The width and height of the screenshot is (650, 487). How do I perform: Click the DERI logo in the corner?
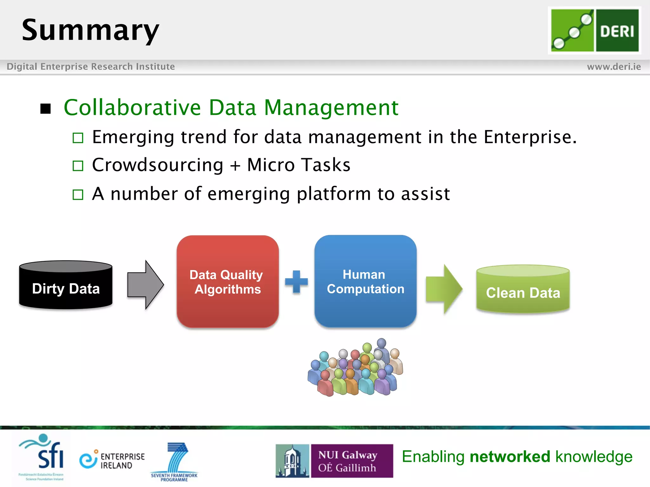[x=594, y=30]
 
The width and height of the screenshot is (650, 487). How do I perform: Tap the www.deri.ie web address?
[x=614, y=67]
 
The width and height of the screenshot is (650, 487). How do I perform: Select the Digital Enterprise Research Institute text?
[x=91, y=67]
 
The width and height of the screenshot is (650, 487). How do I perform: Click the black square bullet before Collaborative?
[x=46, y=109]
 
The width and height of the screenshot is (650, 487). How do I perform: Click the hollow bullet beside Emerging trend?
[x=78, y=138]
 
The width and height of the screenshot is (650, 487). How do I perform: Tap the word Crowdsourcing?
[x=158, y=165]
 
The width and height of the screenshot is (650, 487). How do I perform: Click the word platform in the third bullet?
[x=333, y=194]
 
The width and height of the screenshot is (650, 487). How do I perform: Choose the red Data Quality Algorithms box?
[x=228, y=282]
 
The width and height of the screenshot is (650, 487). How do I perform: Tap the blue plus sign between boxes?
[x=296, y=282]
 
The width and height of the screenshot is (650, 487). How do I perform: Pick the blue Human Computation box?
[x=365, y=282]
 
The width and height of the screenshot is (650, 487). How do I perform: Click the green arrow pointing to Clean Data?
[x=444, y=289]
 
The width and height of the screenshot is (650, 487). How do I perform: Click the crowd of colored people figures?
[x=355, y=368]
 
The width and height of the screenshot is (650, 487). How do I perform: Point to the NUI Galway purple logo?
[x=351, y=461]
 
